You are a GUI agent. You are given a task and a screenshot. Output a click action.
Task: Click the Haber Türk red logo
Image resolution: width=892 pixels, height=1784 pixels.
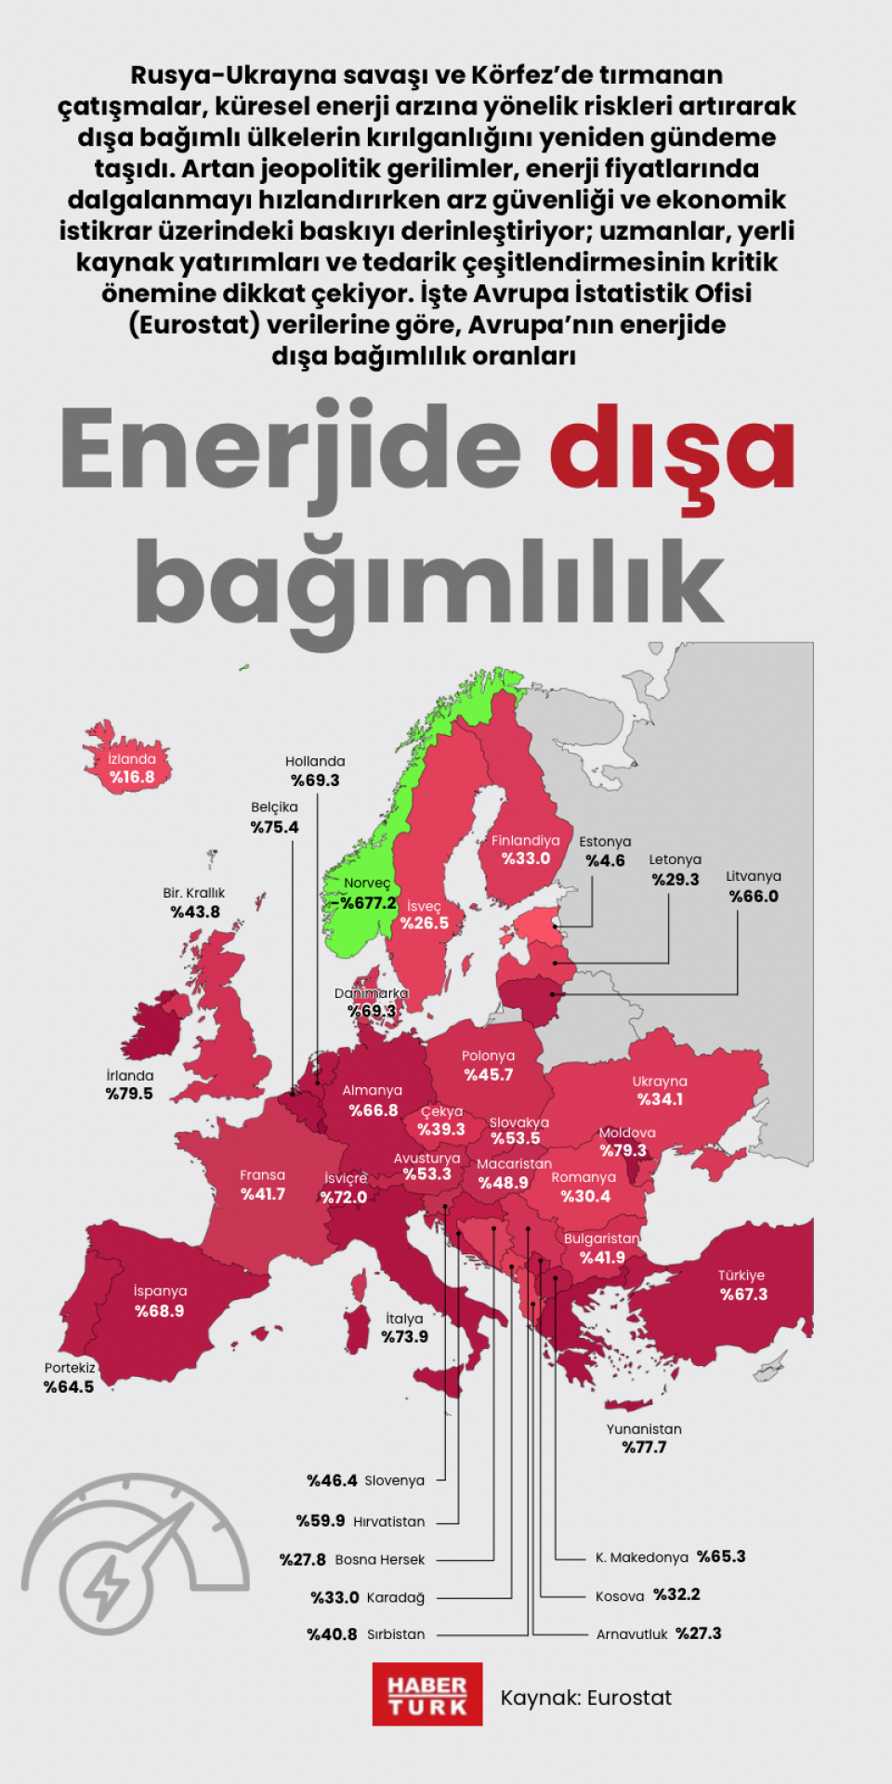coord(427,1694)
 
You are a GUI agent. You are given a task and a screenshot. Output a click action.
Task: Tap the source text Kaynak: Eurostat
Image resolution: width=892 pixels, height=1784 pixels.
coord(585,1698)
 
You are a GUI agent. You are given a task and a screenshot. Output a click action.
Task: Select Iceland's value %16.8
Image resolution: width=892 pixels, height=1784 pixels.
coord(132,777)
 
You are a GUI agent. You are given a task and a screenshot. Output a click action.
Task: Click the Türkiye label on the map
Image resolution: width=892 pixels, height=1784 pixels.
coord(741,1275)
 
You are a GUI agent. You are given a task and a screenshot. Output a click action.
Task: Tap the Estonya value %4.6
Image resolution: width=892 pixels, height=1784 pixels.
coord(605,860)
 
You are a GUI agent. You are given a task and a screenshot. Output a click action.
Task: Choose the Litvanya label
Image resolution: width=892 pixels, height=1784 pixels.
coord(754,876)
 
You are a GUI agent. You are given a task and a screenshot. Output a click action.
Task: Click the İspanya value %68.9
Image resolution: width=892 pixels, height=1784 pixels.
coord(160,1311)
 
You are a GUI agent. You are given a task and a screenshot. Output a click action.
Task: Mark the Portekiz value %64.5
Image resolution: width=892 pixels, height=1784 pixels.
coord(69,1386)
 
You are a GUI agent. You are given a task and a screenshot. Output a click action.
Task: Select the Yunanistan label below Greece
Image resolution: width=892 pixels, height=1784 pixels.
coord(644,1429)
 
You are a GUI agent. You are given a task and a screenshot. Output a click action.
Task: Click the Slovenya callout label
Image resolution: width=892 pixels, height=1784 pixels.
coord(394,1480)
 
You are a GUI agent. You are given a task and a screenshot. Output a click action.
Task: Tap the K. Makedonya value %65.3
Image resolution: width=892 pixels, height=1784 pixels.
coord(722,1556)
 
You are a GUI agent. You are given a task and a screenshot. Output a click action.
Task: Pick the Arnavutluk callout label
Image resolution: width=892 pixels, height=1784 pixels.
coord(632,1633)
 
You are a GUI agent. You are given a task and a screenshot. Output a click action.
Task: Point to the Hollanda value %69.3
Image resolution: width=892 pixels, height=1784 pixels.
coord(315,780)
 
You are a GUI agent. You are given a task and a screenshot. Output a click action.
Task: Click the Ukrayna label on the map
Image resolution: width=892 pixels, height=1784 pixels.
coord(660,1081)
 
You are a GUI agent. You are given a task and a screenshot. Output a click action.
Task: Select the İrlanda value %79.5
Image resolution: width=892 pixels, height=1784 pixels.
coord(129,1094)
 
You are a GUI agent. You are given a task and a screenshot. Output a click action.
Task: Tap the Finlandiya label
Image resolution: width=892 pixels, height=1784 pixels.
coord(526,840)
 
